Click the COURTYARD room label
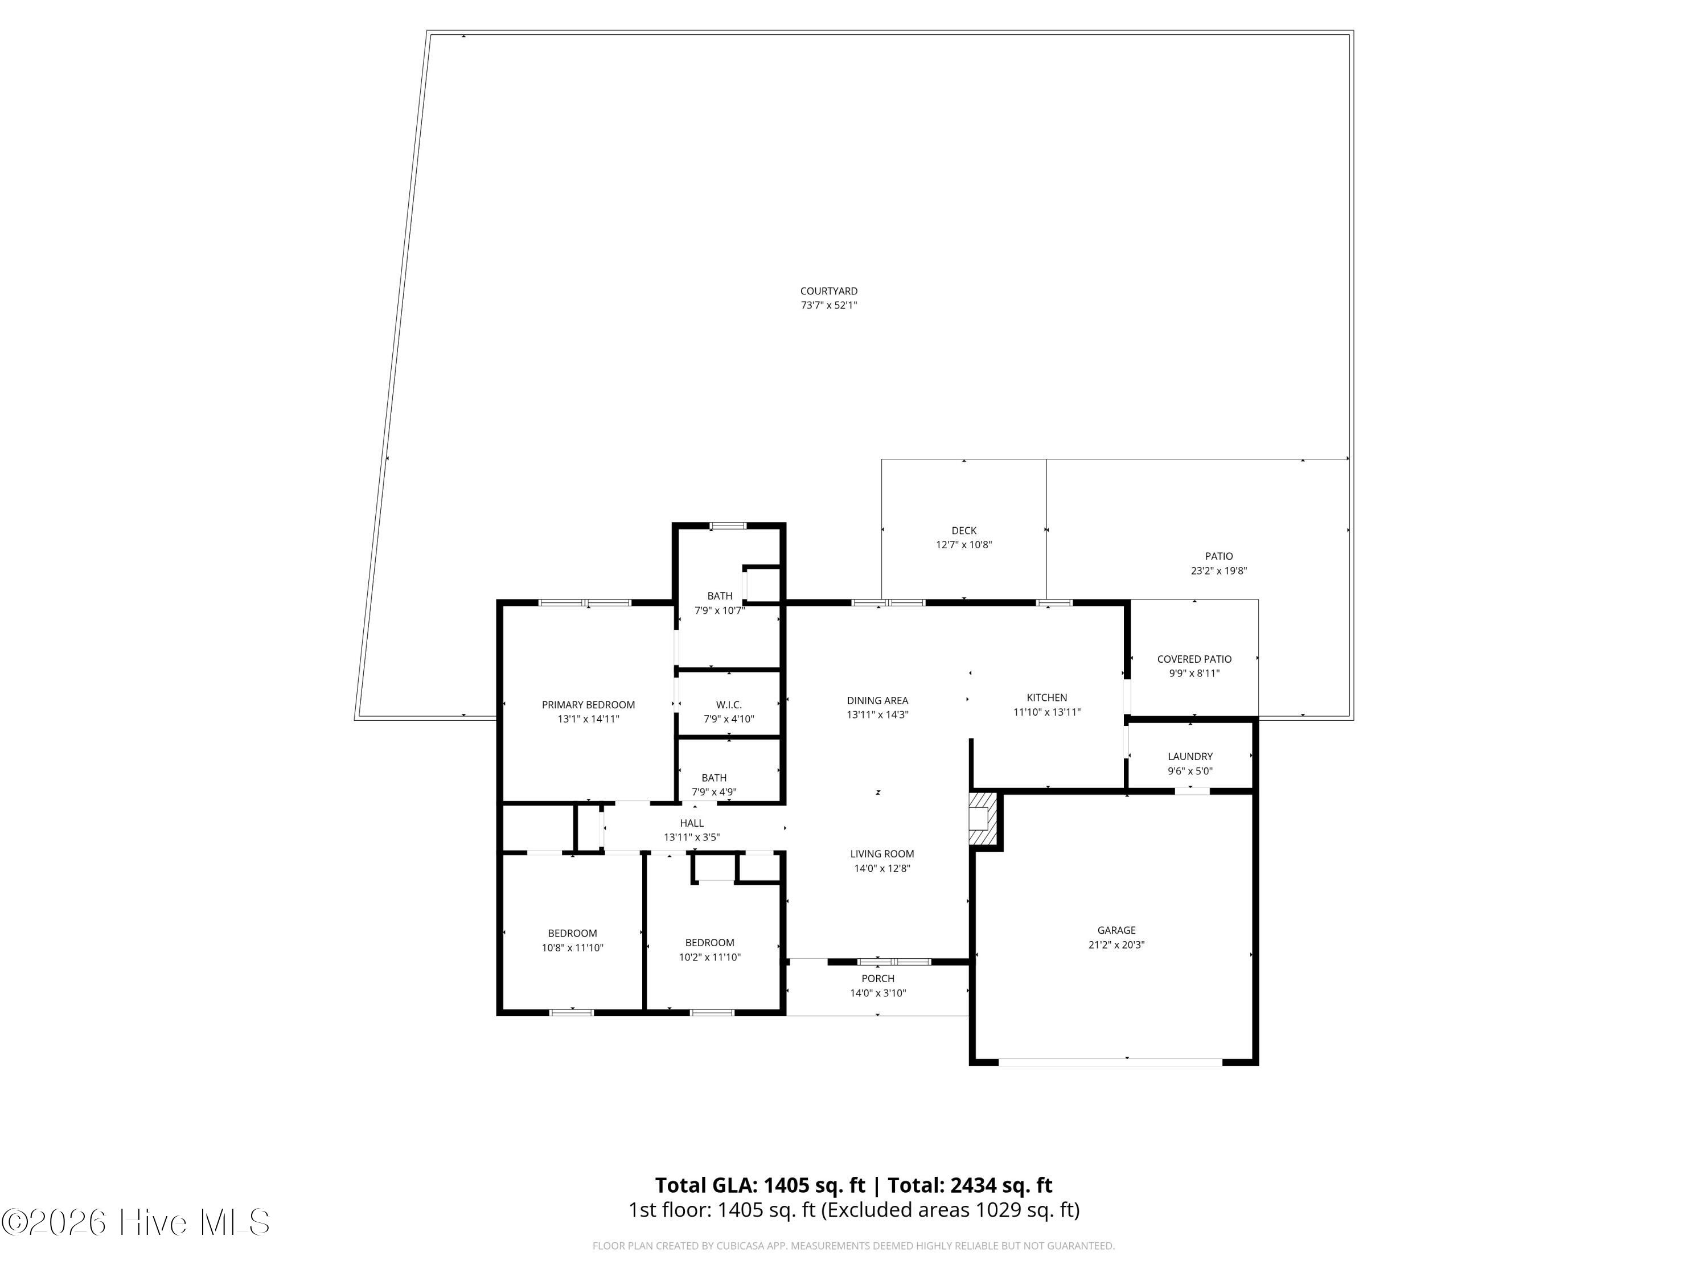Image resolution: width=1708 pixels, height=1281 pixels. [828, 291]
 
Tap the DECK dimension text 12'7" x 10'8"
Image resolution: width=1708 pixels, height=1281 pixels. [964, 544]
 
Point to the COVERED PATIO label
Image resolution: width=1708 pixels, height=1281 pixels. [1194, 659]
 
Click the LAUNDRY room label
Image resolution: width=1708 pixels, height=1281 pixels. [1190, 756]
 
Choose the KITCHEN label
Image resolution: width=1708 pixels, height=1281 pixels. [1046, 697]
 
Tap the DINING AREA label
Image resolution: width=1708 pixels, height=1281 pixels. [877, 700]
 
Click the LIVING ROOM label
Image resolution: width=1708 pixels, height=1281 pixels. [882, 853]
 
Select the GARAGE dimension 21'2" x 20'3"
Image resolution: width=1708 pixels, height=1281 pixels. [1116, 945]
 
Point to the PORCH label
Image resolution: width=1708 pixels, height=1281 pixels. [878, 978]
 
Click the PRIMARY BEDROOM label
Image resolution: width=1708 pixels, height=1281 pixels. [588, 704]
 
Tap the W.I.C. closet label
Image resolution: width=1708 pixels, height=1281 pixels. [728, 704]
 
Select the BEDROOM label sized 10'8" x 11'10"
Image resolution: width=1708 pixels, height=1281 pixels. [572, 933]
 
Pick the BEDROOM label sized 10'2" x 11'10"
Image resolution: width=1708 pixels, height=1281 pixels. [709, 942]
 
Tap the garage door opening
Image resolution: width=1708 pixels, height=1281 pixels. [1110, 1062]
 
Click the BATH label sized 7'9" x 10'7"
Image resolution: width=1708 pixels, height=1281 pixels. [720, 596]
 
